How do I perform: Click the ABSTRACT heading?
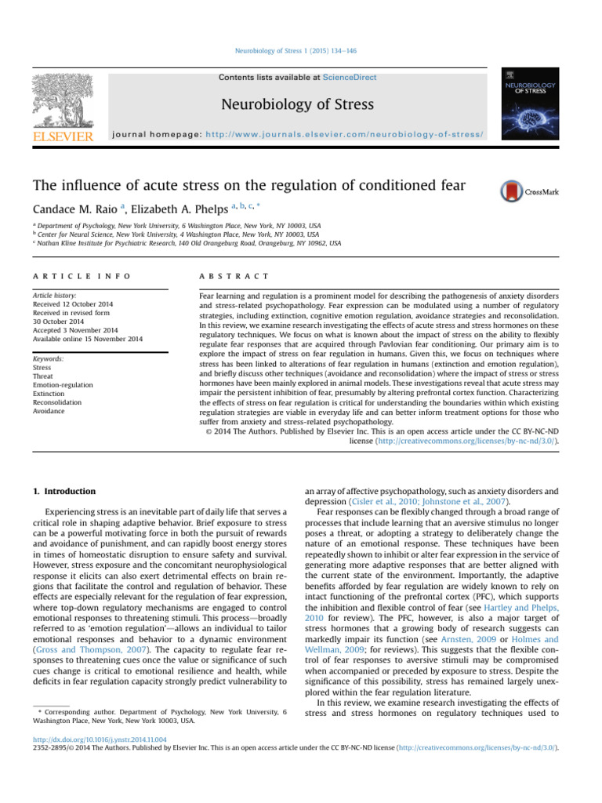point(234,277)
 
